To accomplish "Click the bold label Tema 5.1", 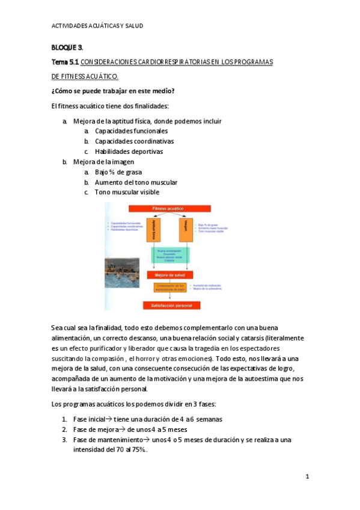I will [x=65, y=62].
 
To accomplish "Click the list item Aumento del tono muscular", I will [x=136, y=182].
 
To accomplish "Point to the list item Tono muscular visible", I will [x=127, y=192].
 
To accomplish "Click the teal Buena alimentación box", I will [x=169, y=256].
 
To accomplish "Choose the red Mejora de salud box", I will [x=169, y=274].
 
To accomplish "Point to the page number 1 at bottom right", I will [x=307, y=477].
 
